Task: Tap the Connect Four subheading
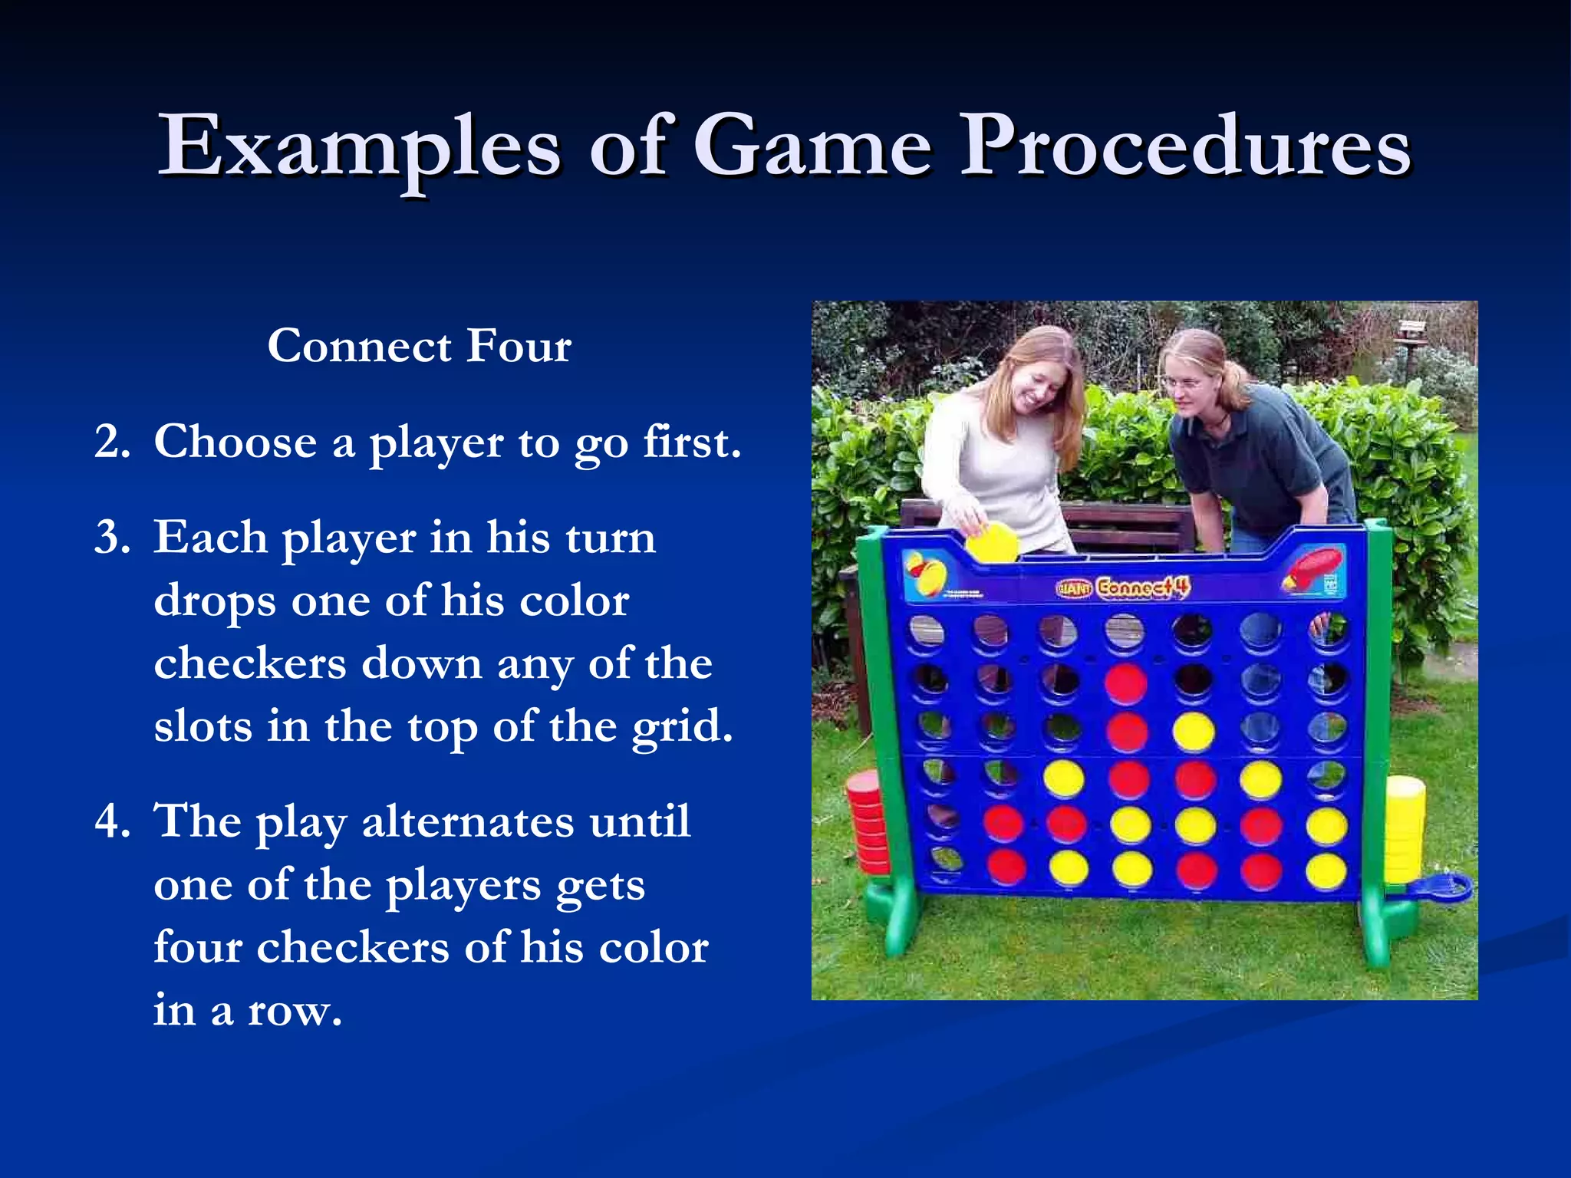coord(419,346)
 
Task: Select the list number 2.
coord(112,443)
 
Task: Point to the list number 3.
coord(112,537)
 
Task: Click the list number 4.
coord(112,821)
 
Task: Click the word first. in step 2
coord(692,443)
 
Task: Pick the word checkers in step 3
coord(249,663)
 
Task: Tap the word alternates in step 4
coord(467,821)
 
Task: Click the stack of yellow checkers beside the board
coord(1405,828)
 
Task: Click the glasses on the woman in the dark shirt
coord(1181,381)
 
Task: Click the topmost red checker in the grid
coord(1126,683)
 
